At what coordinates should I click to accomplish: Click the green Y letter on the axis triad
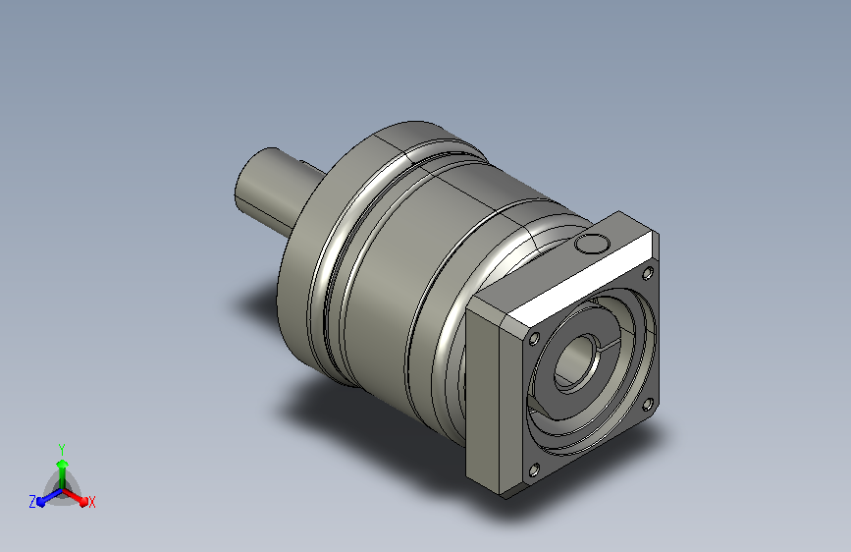point(62,449)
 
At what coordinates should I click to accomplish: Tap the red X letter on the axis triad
point(91,502)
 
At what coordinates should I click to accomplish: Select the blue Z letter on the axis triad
point(32,502)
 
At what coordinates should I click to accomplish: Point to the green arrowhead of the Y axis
point(62,464)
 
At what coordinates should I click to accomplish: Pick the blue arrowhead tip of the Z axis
point(41,503)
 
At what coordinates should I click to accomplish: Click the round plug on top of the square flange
point(592,244)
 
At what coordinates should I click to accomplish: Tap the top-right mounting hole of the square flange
point(648,273)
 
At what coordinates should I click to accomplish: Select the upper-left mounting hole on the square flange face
point(534,339)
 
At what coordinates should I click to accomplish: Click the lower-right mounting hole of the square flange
point(648,405)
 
